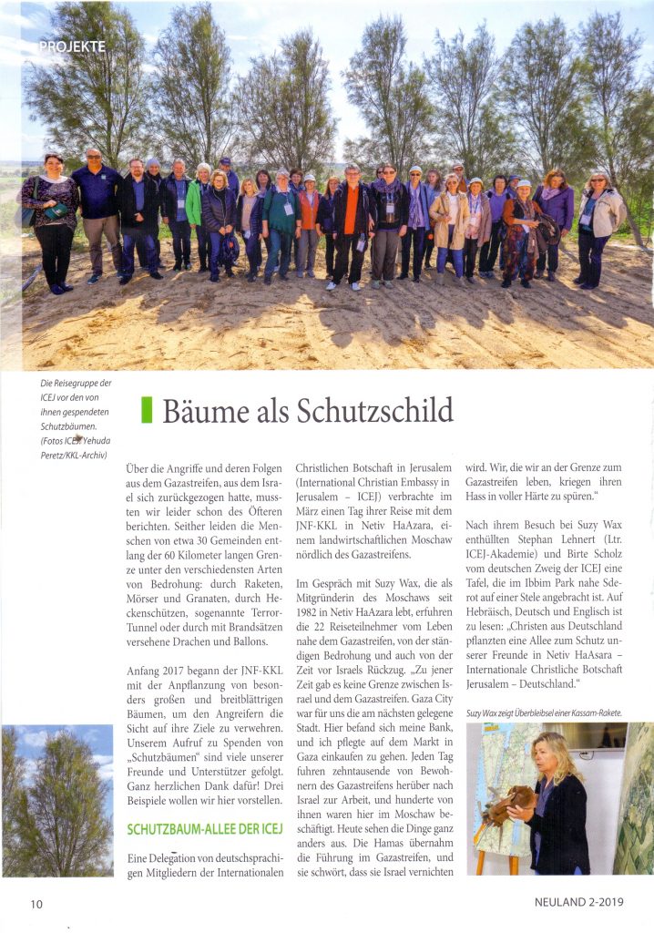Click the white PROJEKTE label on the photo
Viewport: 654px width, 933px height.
pyautogui.click(x=73, y=46)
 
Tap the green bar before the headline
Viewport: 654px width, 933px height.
pyautogui.click(x=146, y=411)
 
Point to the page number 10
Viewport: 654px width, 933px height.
pyautogui.click(x=36, y=904)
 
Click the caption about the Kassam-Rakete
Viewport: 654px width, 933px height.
pyautogui.click(x=545, y=712)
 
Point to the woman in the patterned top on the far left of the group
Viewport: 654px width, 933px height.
pyautogui.click(x=53, y=223)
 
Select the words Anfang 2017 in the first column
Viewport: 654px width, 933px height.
pyautogui.click(x=160, y=672)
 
